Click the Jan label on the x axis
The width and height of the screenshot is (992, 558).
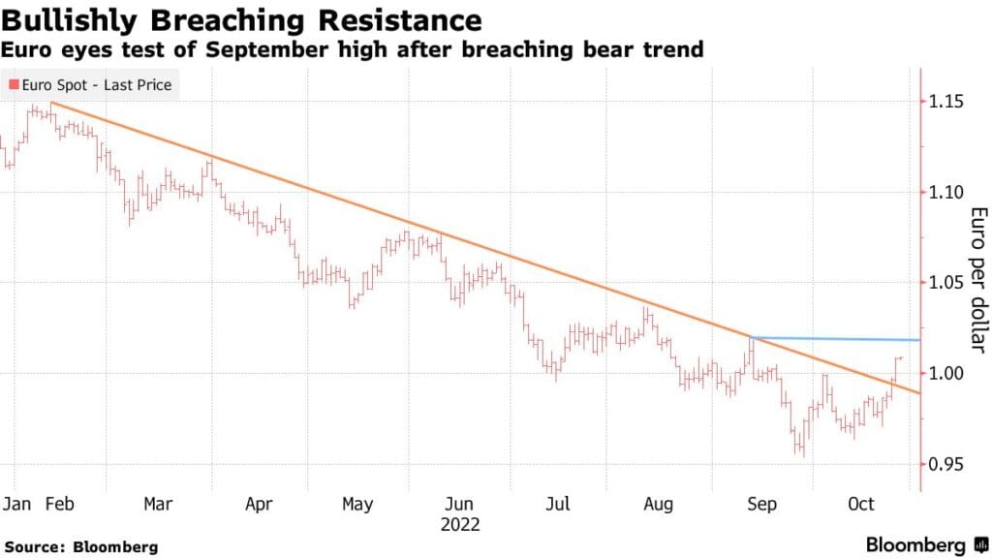pyautogui.click(x=16, y=505)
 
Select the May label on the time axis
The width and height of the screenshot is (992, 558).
pyautogui.click(x=357, y=505)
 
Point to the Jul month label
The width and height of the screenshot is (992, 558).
pyautogui.click(x=557, y=505)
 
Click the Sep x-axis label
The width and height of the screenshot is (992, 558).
pyautogui.click(x=761, y=505)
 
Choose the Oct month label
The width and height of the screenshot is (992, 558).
pyautogui.click(x=861, y=505)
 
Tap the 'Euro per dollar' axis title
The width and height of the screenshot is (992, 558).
pyautogui.click(x=977, y=280)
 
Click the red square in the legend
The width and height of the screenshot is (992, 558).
pyautogui.click(x=13, y=85)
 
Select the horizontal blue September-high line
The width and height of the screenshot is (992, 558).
pyautogui.click(x=833, y=339)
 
